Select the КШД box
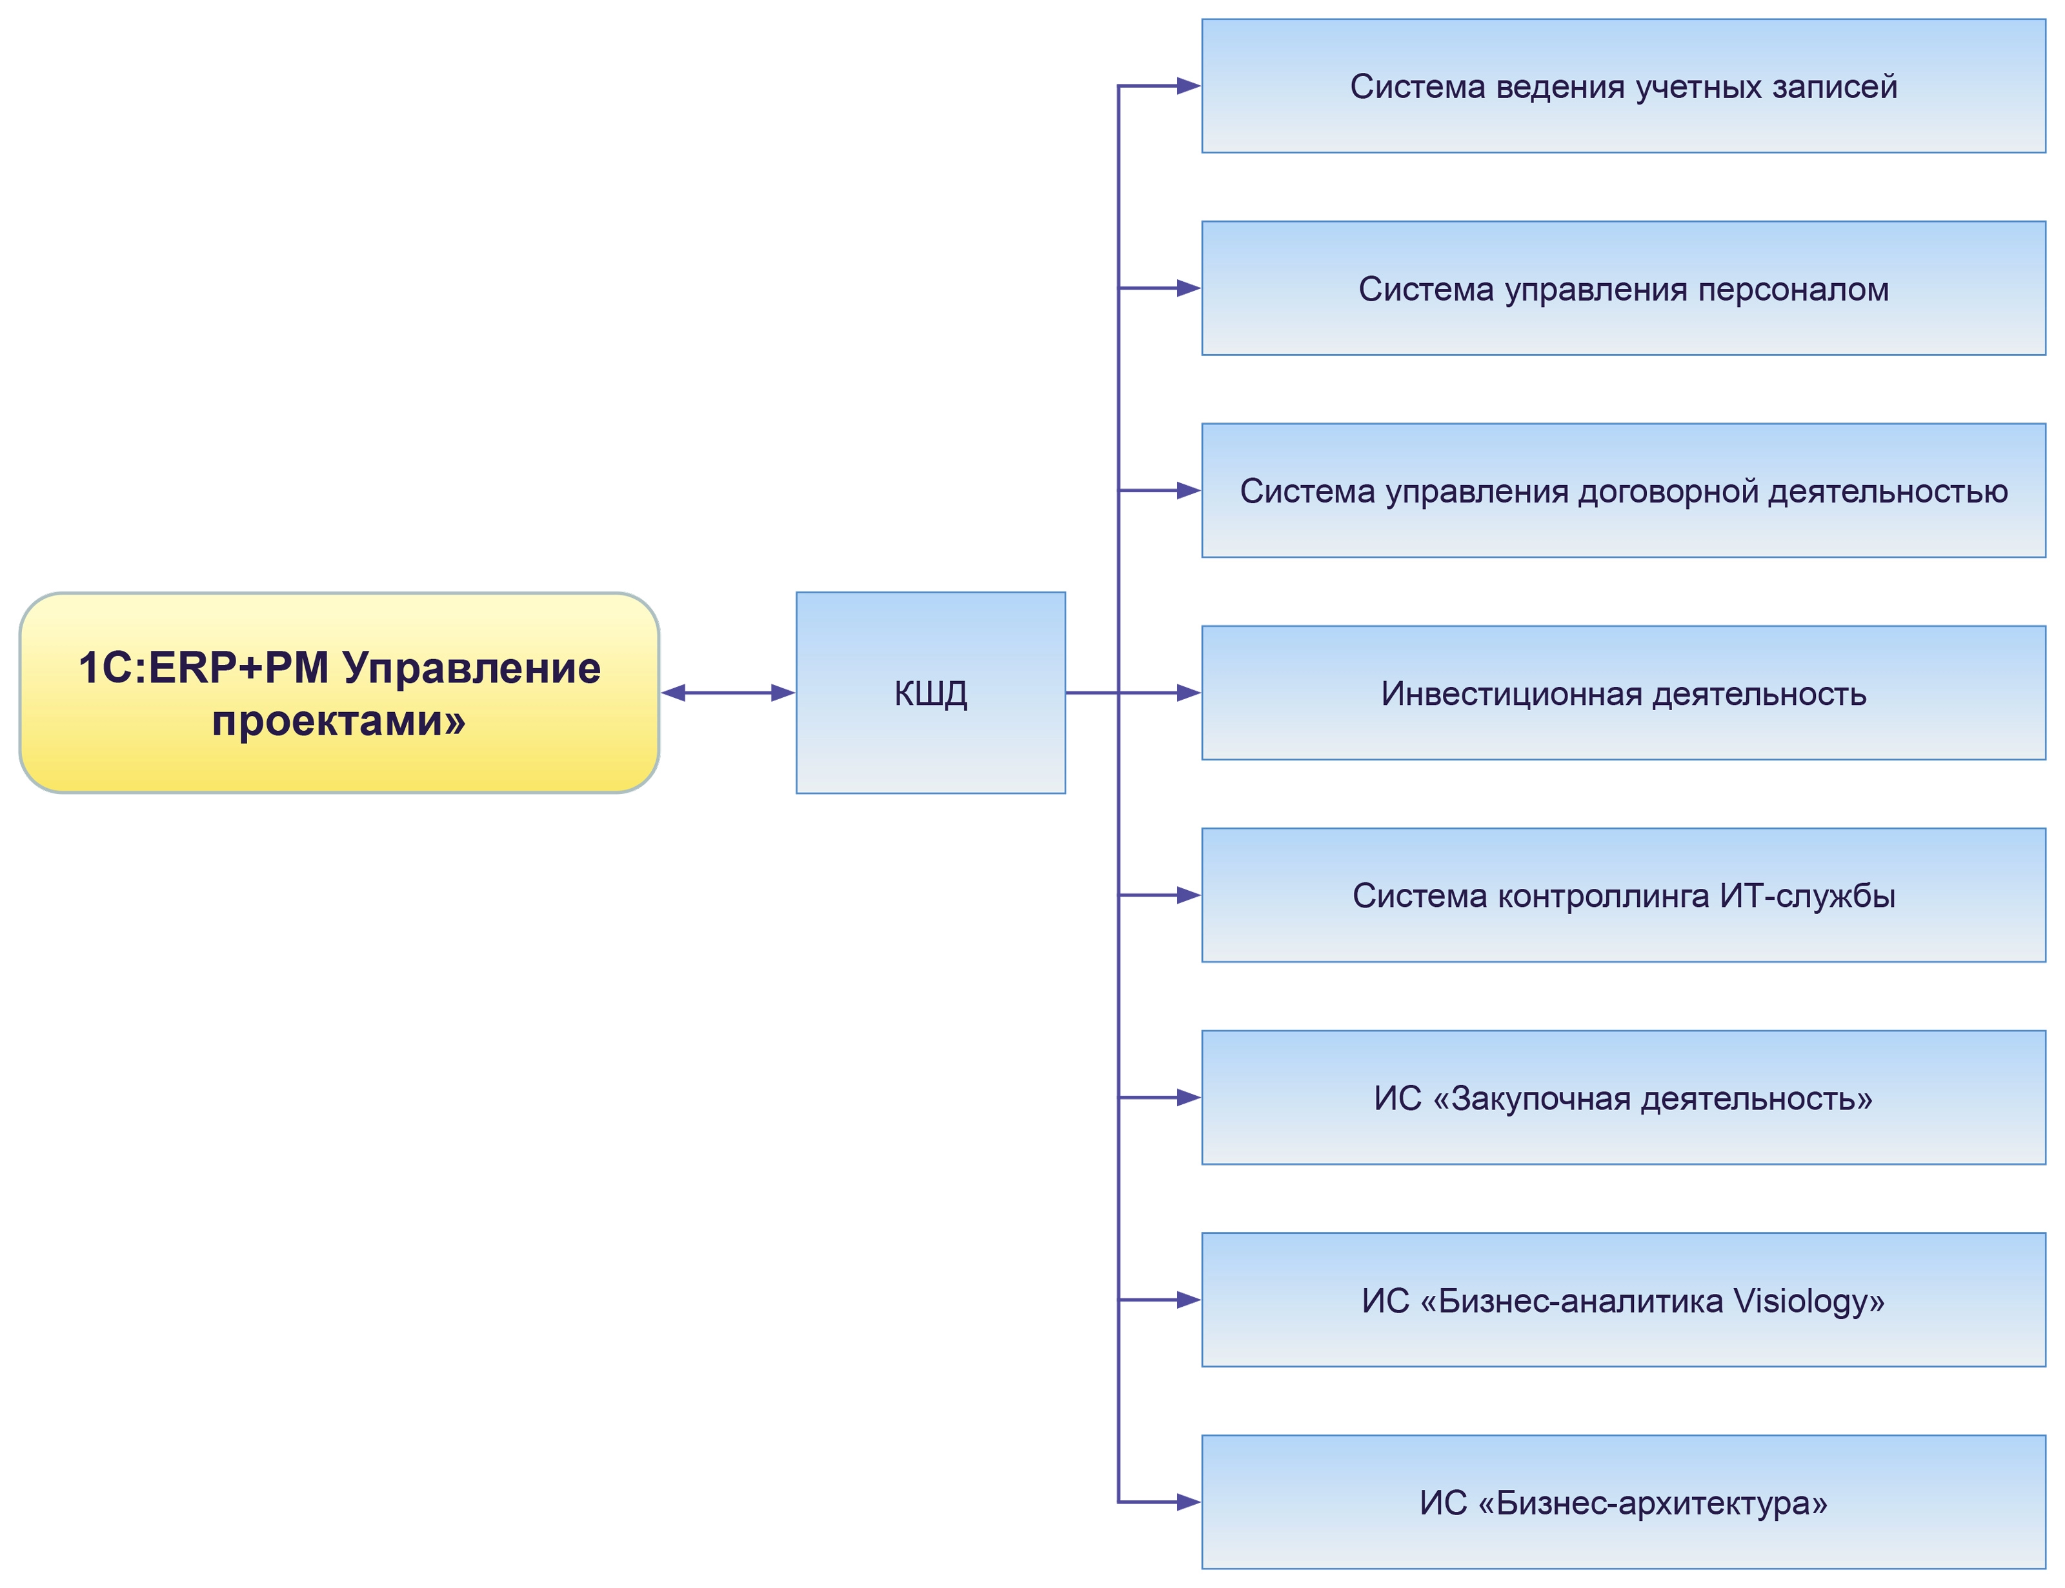coord(931,693)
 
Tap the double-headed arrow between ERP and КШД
coord(727,693)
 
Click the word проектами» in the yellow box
coord(339,721)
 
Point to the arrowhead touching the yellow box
coord(673,693)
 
